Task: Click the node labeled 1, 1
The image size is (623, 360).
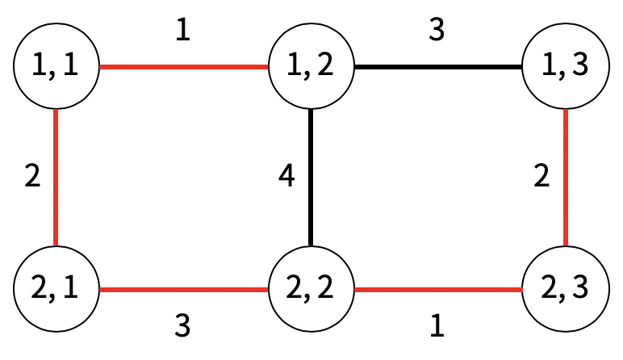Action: (x=56, y=67)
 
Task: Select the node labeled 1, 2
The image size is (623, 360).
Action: (x=311, y=67)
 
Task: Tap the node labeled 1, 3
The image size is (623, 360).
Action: (x=565, y=67)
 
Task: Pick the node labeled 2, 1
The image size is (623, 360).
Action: (x=56, y=288)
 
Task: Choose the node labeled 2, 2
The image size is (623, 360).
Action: (x=311, y=288)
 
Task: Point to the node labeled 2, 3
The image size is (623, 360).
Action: (x=565, y=288)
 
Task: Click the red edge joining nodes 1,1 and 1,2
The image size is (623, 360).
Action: (x=183, y=67)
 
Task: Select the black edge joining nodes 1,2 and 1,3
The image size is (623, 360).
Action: (x=437, y=67)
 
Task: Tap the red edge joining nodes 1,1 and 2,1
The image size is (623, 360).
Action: (x=56, y=178)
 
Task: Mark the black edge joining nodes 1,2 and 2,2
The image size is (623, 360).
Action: (x=311, y=178)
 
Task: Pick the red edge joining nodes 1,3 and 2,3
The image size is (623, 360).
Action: (x=565, y=178)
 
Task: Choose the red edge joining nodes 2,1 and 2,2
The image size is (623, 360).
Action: (x=183, y=288)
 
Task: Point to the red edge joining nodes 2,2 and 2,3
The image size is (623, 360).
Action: (x=437, y=288)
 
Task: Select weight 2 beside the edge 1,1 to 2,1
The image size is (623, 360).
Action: (x=31, y=177)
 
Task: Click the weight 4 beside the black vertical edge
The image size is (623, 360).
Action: (x=286, y=177)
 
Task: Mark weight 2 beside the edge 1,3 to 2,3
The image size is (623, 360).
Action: (x=541, y=177)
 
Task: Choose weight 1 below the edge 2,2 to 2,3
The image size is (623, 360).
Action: (x=437, y=325)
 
